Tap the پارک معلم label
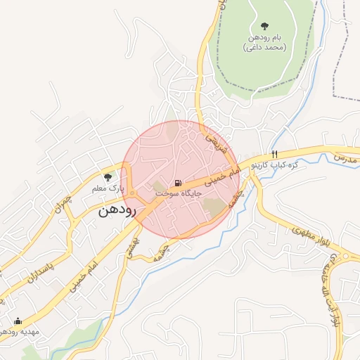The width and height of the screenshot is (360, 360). (x=108, y=188)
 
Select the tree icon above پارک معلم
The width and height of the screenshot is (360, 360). (x=108, y=177)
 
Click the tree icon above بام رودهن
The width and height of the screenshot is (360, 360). (x=264, y=26)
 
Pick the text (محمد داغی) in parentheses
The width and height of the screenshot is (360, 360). (x=264, y=47)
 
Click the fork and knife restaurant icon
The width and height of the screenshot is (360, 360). (x=275, y=154)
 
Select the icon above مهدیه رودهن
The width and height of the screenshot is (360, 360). (x=18, y=321)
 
